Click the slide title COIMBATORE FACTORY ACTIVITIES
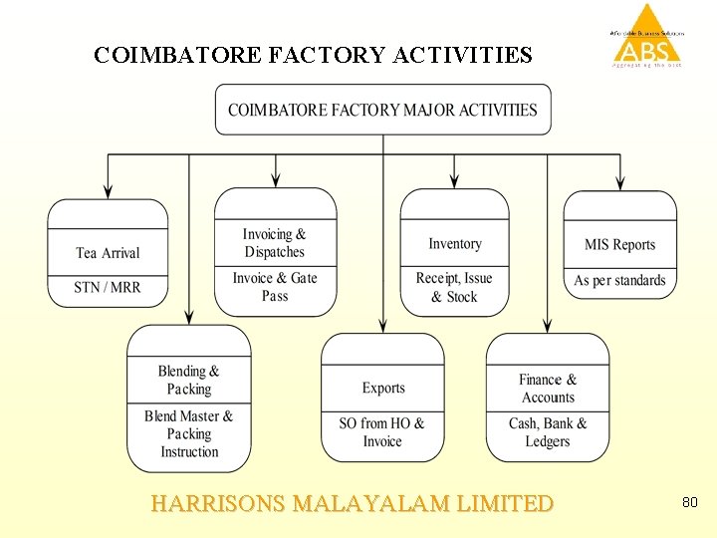click(313, 55)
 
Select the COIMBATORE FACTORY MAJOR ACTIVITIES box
click(382, 110)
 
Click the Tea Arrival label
click(108, 253)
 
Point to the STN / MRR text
click(108, 287)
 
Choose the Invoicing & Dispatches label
click(275, 243)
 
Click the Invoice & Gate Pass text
click(275, 287)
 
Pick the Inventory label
click(455, 244)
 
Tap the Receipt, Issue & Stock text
click(454, 287)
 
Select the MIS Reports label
click(619, 244)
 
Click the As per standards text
click(619, 280)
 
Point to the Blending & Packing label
click(189, 380)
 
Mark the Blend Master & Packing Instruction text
click(189, 433)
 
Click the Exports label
click(383, 388)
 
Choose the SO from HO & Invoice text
click(382, 432)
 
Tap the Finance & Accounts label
click(548, 388)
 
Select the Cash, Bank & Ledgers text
click(548, 432)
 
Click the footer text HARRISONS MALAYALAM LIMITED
click(352, 503)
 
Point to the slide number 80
click(689, 503)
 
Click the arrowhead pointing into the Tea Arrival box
click(108, 191)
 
